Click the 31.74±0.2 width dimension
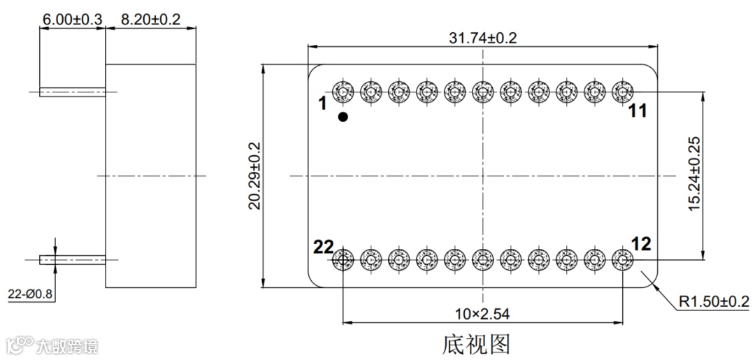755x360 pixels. [482, 38]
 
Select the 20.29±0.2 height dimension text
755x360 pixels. [254, 175]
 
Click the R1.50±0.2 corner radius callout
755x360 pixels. [714, 302]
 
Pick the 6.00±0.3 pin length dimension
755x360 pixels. [72, 20]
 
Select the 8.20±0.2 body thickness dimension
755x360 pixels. [150, 20]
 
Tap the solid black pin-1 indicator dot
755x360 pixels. [343, 117]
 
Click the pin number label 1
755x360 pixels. [322, 103]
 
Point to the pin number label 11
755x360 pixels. [638, 110]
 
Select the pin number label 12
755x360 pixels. [641, 244]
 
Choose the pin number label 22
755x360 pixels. [323, 246]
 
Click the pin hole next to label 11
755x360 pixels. [621, 91]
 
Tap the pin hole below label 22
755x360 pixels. [343, 260]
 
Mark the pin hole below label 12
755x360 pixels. [621, 260]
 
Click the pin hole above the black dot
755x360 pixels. [343, 91]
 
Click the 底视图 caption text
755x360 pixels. [476, 344]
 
